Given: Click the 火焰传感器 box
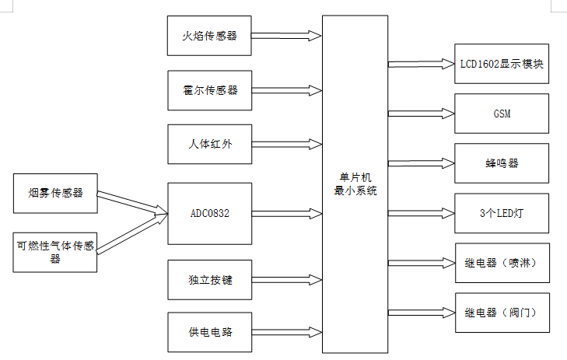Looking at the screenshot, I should point(210,36).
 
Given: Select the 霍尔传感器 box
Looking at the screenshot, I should point(210,90).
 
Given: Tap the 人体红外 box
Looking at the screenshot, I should point(210,144).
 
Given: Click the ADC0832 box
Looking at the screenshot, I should point(210,213).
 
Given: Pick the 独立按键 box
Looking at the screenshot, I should point(210,279).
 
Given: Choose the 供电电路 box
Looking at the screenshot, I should point(210,332).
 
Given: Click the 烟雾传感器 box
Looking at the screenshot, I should point(56,193).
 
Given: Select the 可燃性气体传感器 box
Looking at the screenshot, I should point(56,251).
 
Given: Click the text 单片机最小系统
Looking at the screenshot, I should point(355,185).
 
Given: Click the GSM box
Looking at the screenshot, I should point(501,114).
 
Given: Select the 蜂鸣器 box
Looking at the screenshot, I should point(501,163).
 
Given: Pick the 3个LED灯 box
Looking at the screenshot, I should point(501,213).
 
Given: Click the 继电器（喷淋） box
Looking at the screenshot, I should point(501,263).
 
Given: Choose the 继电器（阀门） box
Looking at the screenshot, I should point(501,313).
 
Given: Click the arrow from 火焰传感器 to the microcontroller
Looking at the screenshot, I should point(287,36).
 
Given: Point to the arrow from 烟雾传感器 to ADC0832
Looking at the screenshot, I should point(132,201).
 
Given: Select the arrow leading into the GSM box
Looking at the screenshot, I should point(420,114).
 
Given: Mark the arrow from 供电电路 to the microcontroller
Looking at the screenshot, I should point(287,332).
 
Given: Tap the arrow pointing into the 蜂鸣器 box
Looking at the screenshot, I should point(420,163).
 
